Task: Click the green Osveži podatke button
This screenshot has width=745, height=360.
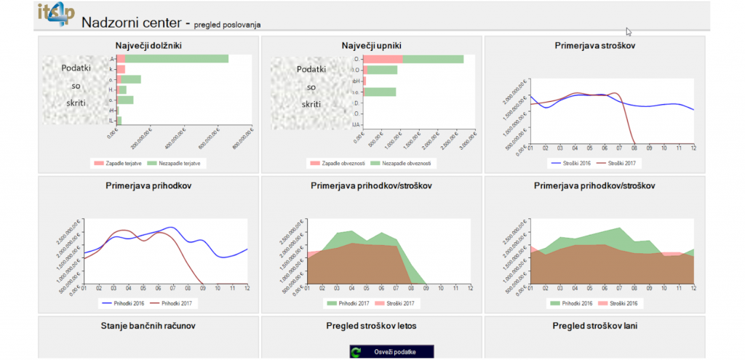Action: pos(392,352)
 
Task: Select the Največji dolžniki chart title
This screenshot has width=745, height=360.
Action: pos(148,45)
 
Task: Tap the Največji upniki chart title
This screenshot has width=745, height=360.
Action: pos(372,45)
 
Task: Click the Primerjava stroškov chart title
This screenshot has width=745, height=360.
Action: pos(594,45)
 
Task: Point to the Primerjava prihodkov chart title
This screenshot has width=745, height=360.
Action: pos(148,185)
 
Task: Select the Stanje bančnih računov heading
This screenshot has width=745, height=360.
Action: pos(148,325)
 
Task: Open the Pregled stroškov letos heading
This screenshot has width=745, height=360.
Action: pos(372,325)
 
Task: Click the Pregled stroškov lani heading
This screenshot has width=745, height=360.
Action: pos(594,325)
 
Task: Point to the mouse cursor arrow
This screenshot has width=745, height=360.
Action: pos(628,31)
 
